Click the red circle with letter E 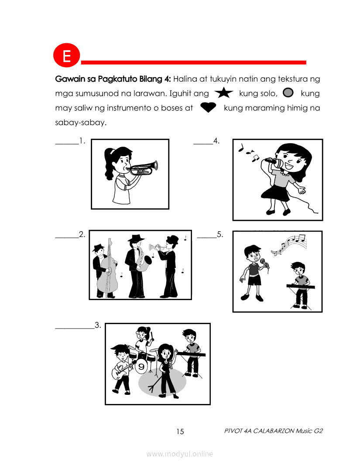coord(66,55)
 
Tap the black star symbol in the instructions coord(223,93)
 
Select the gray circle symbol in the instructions coord(288,93)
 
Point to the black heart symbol coord(208,107)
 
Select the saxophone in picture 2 coord(143,259)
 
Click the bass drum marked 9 coord(141,366)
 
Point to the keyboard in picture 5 coord(301,287)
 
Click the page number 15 coord(180,431)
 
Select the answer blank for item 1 coord(67,144)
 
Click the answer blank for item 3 coord(75,329)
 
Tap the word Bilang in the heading coord(151,79)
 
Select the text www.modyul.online coord(179,454)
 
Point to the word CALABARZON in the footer coord(274,431)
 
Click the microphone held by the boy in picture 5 coord(265,264)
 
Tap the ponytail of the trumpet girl coord(108,164)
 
